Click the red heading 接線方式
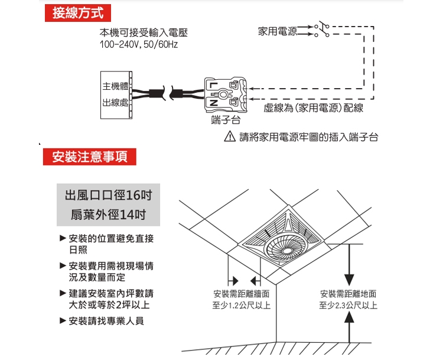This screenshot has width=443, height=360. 77,14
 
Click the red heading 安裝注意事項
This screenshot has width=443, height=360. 90,157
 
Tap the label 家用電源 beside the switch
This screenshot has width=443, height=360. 278,30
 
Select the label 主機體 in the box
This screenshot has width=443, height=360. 115,86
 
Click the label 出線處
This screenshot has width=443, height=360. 115,103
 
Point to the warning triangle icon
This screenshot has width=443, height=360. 231,137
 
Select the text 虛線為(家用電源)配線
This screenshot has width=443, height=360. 314,109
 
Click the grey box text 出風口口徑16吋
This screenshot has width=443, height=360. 108,195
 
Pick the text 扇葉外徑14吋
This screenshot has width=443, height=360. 108,214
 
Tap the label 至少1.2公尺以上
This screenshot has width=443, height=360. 242,306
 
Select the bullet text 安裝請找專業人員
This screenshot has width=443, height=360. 106,321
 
